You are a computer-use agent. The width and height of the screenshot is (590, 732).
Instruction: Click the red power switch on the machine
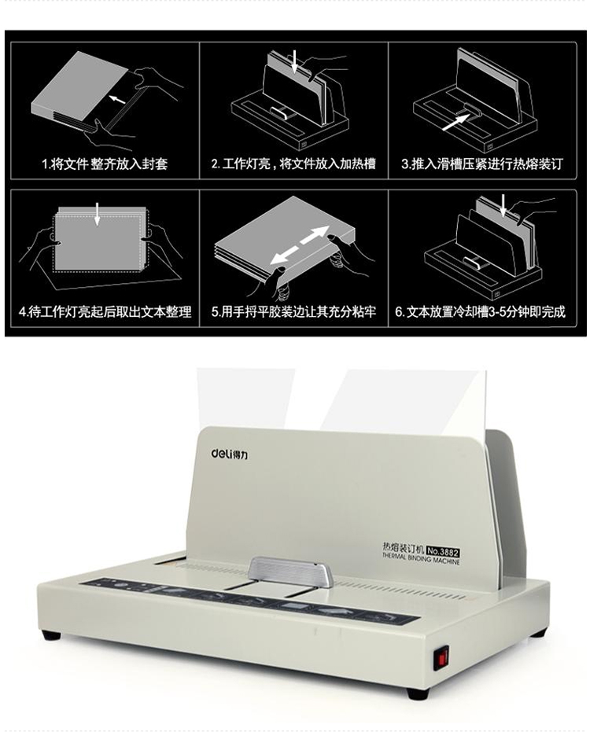click(x=441, y=657)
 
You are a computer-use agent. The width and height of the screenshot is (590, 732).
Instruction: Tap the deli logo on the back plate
click(x=230, y=454)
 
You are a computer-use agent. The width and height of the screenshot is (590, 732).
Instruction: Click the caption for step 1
click(x=105, y=164)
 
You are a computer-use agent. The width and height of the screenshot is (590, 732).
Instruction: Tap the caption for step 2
click(x=293, y=164)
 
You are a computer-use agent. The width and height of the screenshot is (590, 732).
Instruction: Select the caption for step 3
click(x=481, y=164)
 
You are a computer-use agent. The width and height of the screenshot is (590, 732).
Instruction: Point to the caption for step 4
click(x=105, y=311)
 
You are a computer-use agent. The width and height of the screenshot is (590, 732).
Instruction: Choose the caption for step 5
click(x=293, y=311)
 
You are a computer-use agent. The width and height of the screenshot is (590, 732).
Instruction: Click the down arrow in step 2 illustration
click(x=294, y=62)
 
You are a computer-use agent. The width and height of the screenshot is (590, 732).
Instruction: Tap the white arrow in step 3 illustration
click(x=455, y=123)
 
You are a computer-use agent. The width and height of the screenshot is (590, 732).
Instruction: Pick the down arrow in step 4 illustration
click(x=98, y=214)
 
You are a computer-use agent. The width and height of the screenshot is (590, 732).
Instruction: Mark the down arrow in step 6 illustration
click(x=503, y=206)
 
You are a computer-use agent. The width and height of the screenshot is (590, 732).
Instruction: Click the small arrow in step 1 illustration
click(x=117, y=98)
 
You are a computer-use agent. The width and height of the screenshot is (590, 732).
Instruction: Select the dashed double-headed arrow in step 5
click(x=300, y=245)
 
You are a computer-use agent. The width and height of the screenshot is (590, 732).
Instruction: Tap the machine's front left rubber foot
click(x=51, y=635)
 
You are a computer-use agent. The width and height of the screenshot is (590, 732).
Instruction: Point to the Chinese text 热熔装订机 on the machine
click(x=403, y=547)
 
